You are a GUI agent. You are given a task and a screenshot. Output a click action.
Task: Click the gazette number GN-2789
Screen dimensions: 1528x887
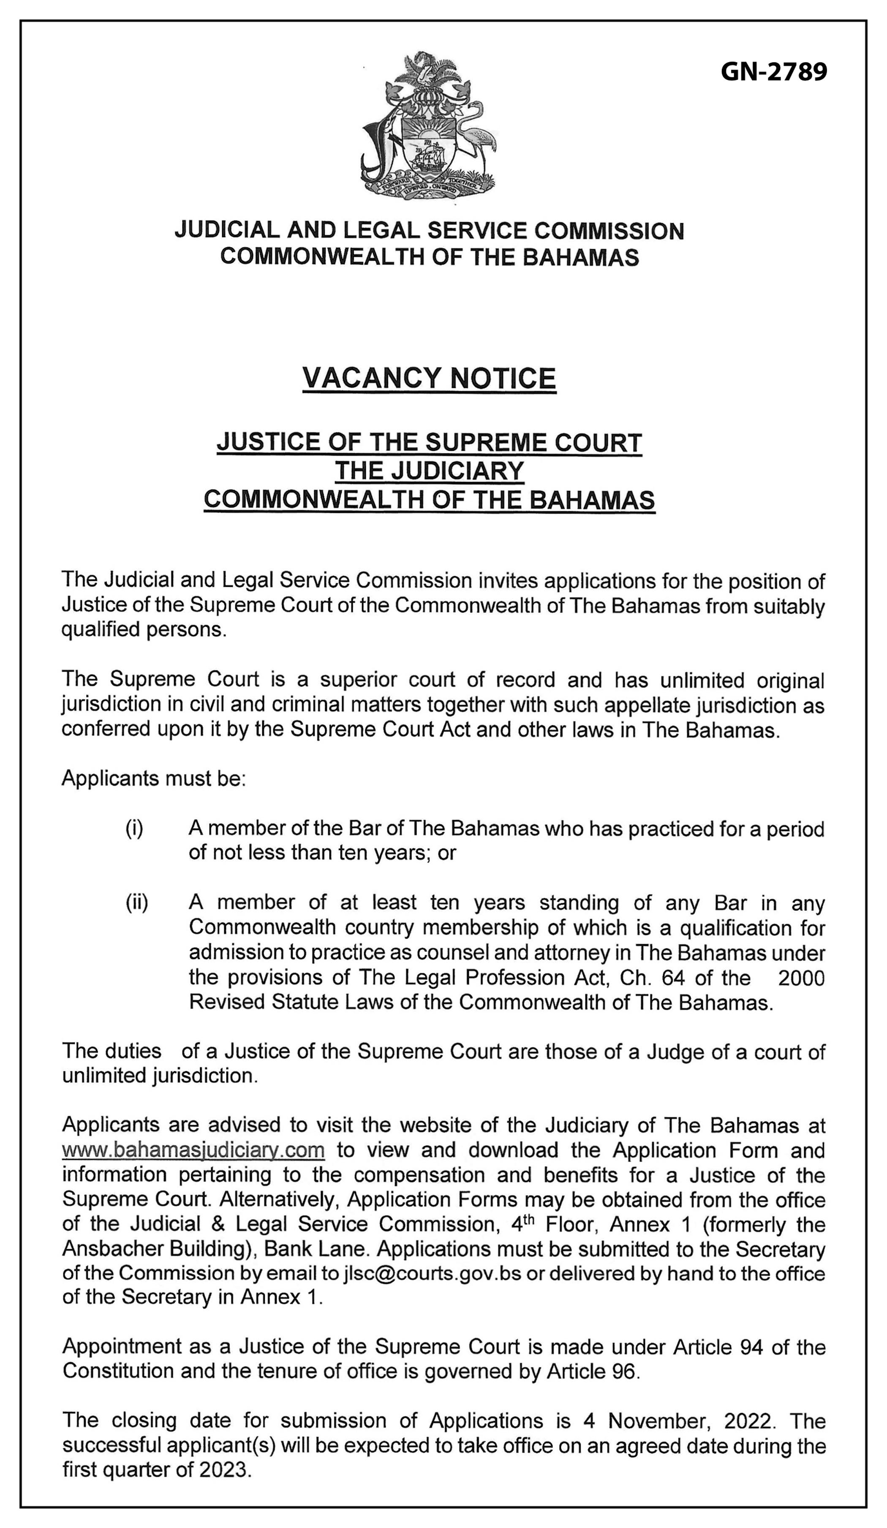[x=774, y=73]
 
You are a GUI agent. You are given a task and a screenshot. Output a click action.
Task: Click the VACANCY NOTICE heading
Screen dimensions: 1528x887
[x=429, y=379]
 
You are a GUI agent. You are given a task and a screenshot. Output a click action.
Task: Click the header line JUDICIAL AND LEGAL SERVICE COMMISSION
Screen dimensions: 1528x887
[x=429, y=231]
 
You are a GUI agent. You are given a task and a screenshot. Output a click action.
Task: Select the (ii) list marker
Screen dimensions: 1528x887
[x=137, y=903]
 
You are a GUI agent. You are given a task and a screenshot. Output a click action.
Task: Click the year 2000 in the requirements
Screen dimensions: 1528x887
[x=801, y=978]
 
